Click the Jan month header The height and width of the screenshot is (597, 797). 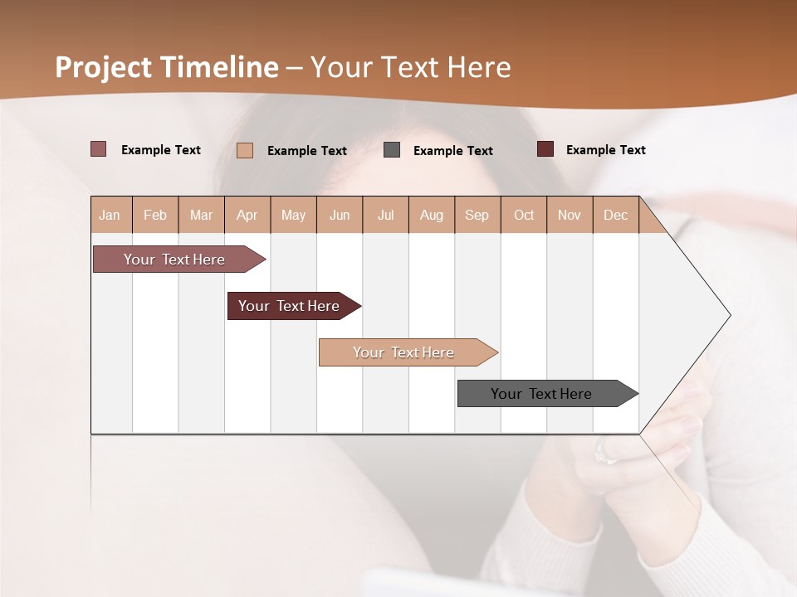click(x=110, y=215)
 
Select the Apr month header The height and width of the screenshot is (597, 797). click(x=247, y=215)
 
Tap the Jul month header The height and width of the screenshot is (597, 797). click(x=385, y=215)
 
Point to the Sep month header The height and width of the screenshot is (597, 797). click(x=477, y=215)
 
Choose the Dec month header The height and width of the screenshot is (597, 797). click(x=615, y=215)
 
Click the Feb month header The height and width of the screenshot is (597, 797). click(x=155, y=215)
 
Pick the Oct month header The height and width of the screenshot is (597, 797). click(x=524, y=215)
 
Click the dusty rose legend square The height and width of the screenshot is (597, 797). click(x=98, y=149)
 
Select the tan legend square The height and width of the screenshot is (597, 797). click(x=245, y=150)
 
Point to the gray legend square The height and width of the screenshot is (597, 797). click(x=392, y=150)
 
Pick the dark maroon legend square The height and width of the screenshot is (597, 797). click(x=545, y=149)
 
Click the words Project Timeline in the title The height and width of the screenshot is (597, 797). click(x=166, y=67)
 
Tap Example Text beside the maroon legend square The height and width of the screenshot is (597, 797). click(x=605, y=150)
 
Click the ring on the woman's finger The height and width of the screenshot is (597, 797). click(x=603, y=453)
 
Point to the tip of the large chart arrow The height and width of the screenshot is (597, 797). click(x=729, y=315)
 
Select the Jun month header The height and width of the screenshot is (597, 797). click(x=340, y=215)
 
